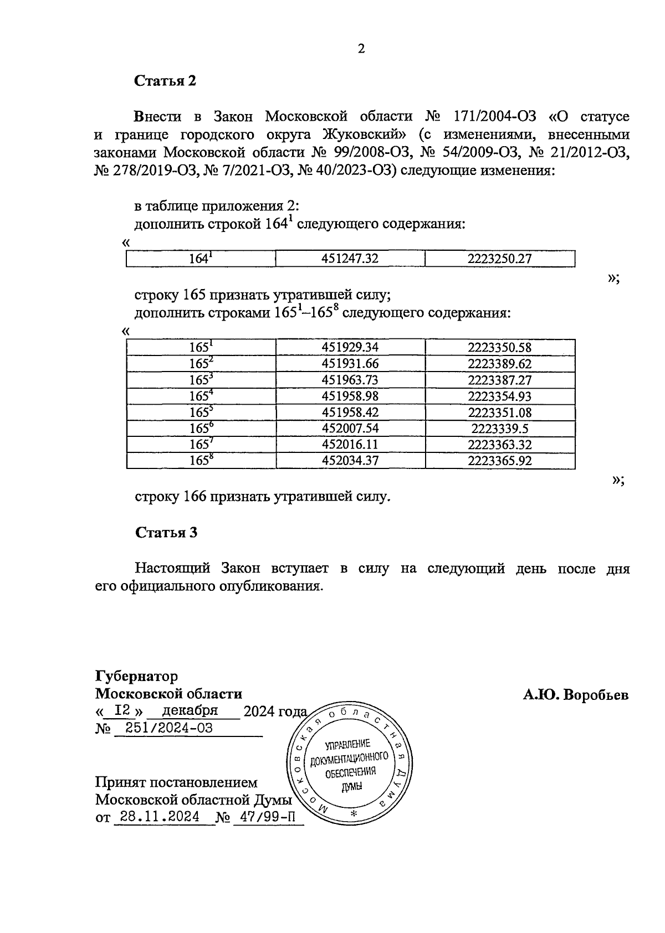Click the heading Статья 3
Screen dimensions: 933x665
pyautogui.click(x=166, y=533)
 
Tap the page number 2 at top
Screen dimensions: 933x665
pyautogui.click(x=361, y=49)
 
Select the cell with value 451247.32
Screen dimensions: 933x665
pyautogui.click(x=350, y=259)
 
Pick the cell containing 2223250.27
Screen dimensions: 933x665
pyautogui.click(x=500, y=259)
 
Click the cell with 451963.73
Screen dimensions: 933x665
pyautogui.click(x=350, y=380)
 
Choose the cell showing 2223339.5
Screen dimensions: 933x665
pyautogui.click(x=500, y=429)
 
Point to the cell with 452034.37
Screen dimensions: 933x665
pyautogui.click(x=350, y=461)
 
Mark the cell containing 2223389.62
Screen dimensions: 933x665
pyautogui.click(x=500, y=364)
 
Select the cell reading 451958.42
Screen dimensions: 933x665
pyautogui.click(x=350, y=413)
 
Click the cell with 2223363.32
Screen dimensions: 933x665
pyautogui.click(x=500, y=445)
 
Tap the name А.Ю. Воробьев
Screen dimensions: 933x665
pyautogui.click(x=576, y=695)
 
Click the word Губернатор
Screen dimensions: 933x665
pyautogui.click(x=137, y=677)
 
